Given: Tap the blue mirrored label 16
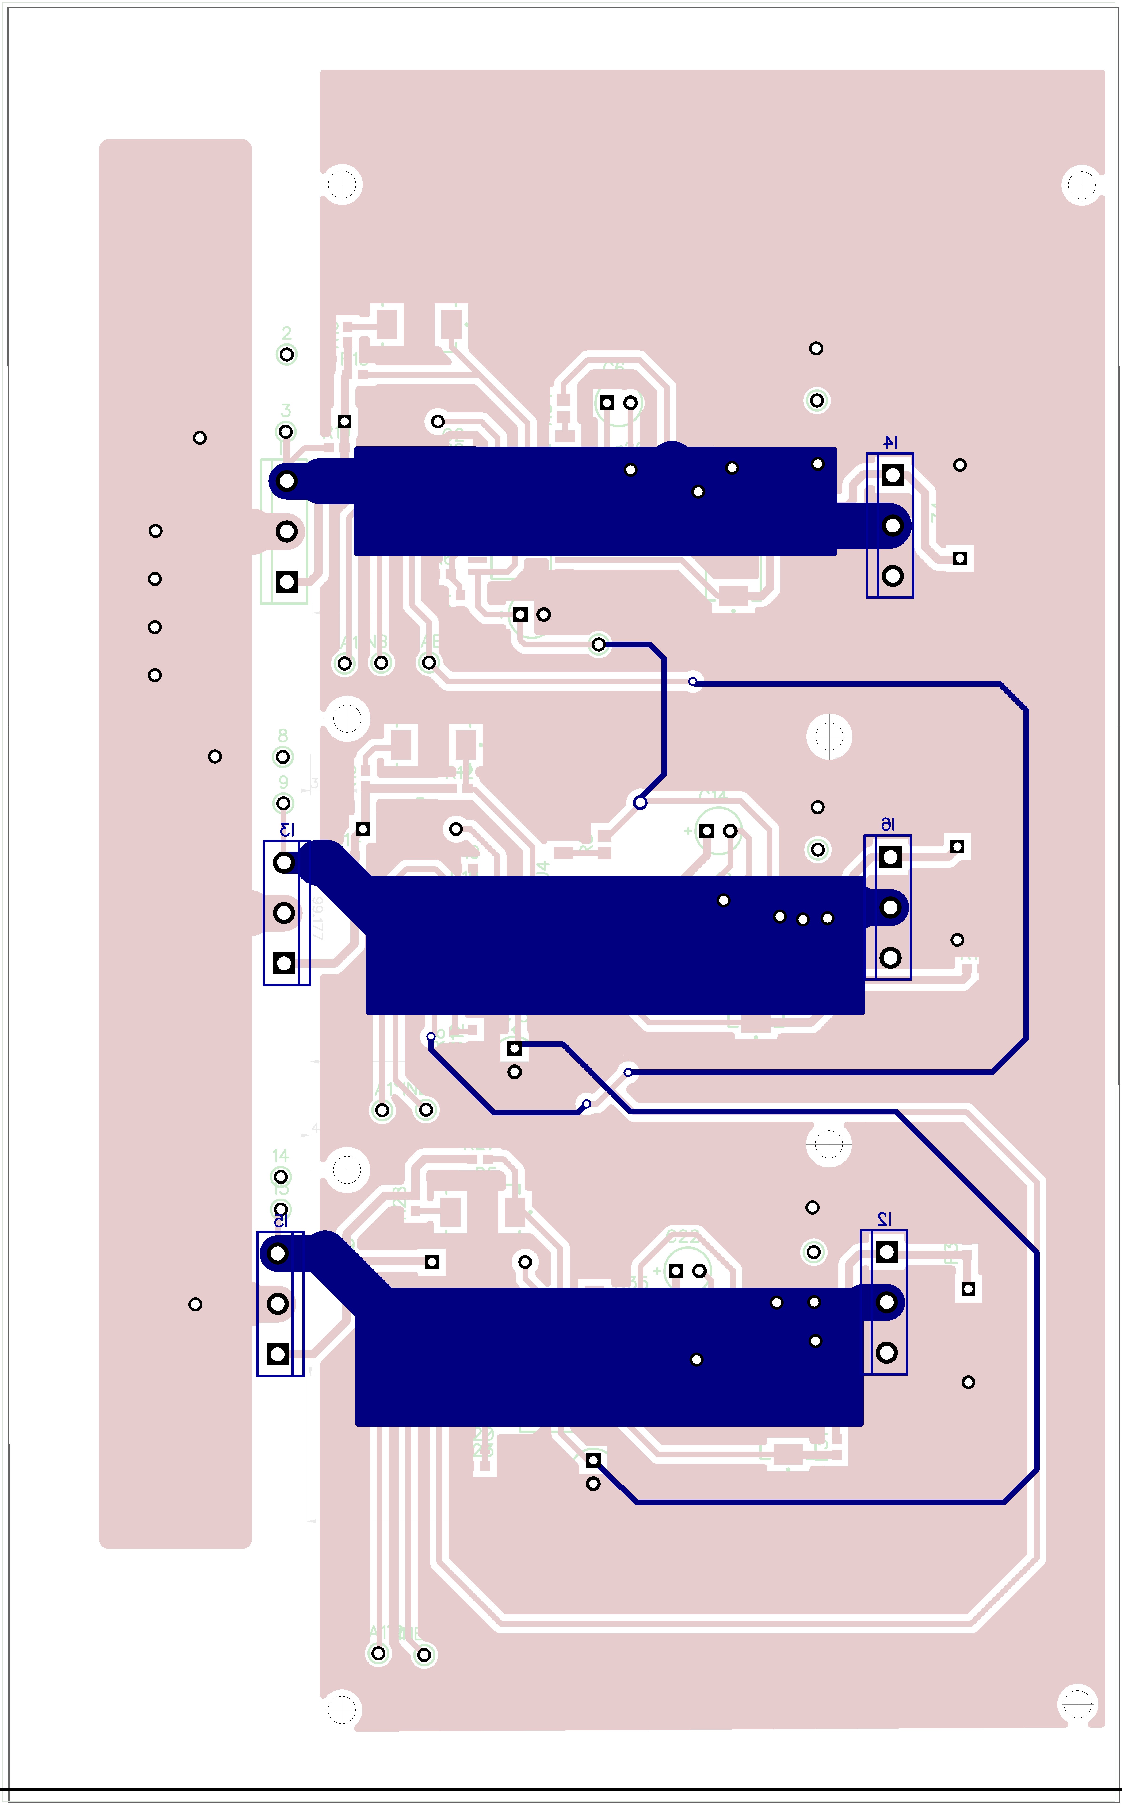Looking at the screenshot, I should pyautogui.click(x=888, y=824).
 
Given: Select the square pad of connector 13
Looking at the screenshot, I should pyautogui.click(x=283, y=963).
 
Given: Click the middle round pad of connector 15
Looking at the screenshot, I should pyautogui.click(x=278, y=1304).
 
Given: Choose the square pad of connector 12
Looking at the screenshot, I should pyautogui.click(x=886, y=1252).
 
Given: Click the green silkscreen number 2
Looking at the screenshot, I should pyautogui.click(x=286, y=333).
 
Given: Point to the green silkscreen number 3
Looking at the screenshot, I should pyautogui.click(x=286, y=410).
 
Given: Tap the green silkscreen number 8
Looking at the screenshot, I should pyautogui.click(x=283, y=735).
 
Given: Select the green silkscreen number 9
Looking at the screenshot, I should pyautogui.click(x=283, y=782).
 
